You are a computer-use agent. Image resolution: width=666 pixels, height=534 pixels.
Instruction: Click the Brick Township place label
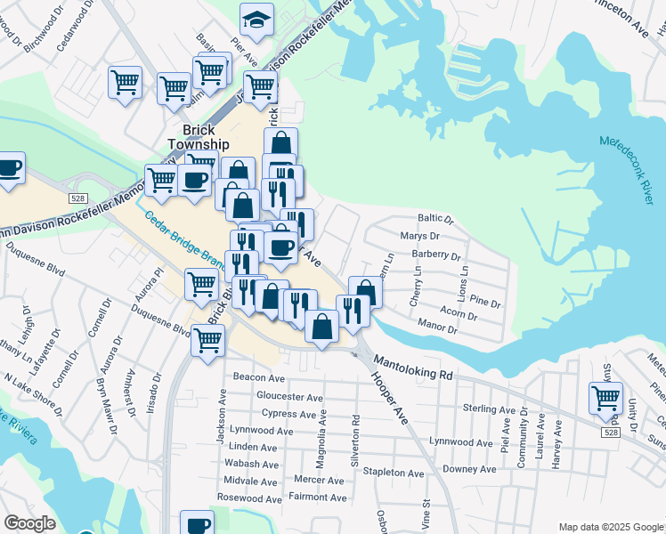point(199,136)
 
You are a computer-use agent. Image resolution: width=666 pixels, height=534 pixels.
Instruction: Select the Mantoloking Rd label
point(413,369)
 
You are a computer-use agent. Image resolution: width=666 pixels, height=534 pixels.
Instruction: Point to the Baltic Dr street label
point(436,219)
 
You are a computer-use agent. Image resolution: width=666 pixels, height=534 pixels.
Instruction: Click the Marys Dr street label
point(421,237)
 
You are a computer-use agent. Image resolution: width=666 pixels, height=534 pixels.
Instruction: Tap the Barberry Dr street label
point(435,254)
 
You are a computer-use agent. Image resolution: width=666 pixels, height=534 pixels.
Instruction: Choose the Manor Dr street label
point(438,329)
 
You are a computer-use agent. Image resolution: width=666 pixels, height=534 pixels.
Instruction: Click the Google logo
point(29,522)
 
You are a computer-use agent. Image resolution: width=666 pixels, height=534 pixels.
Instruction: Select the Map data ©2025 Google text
point(610,527)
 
